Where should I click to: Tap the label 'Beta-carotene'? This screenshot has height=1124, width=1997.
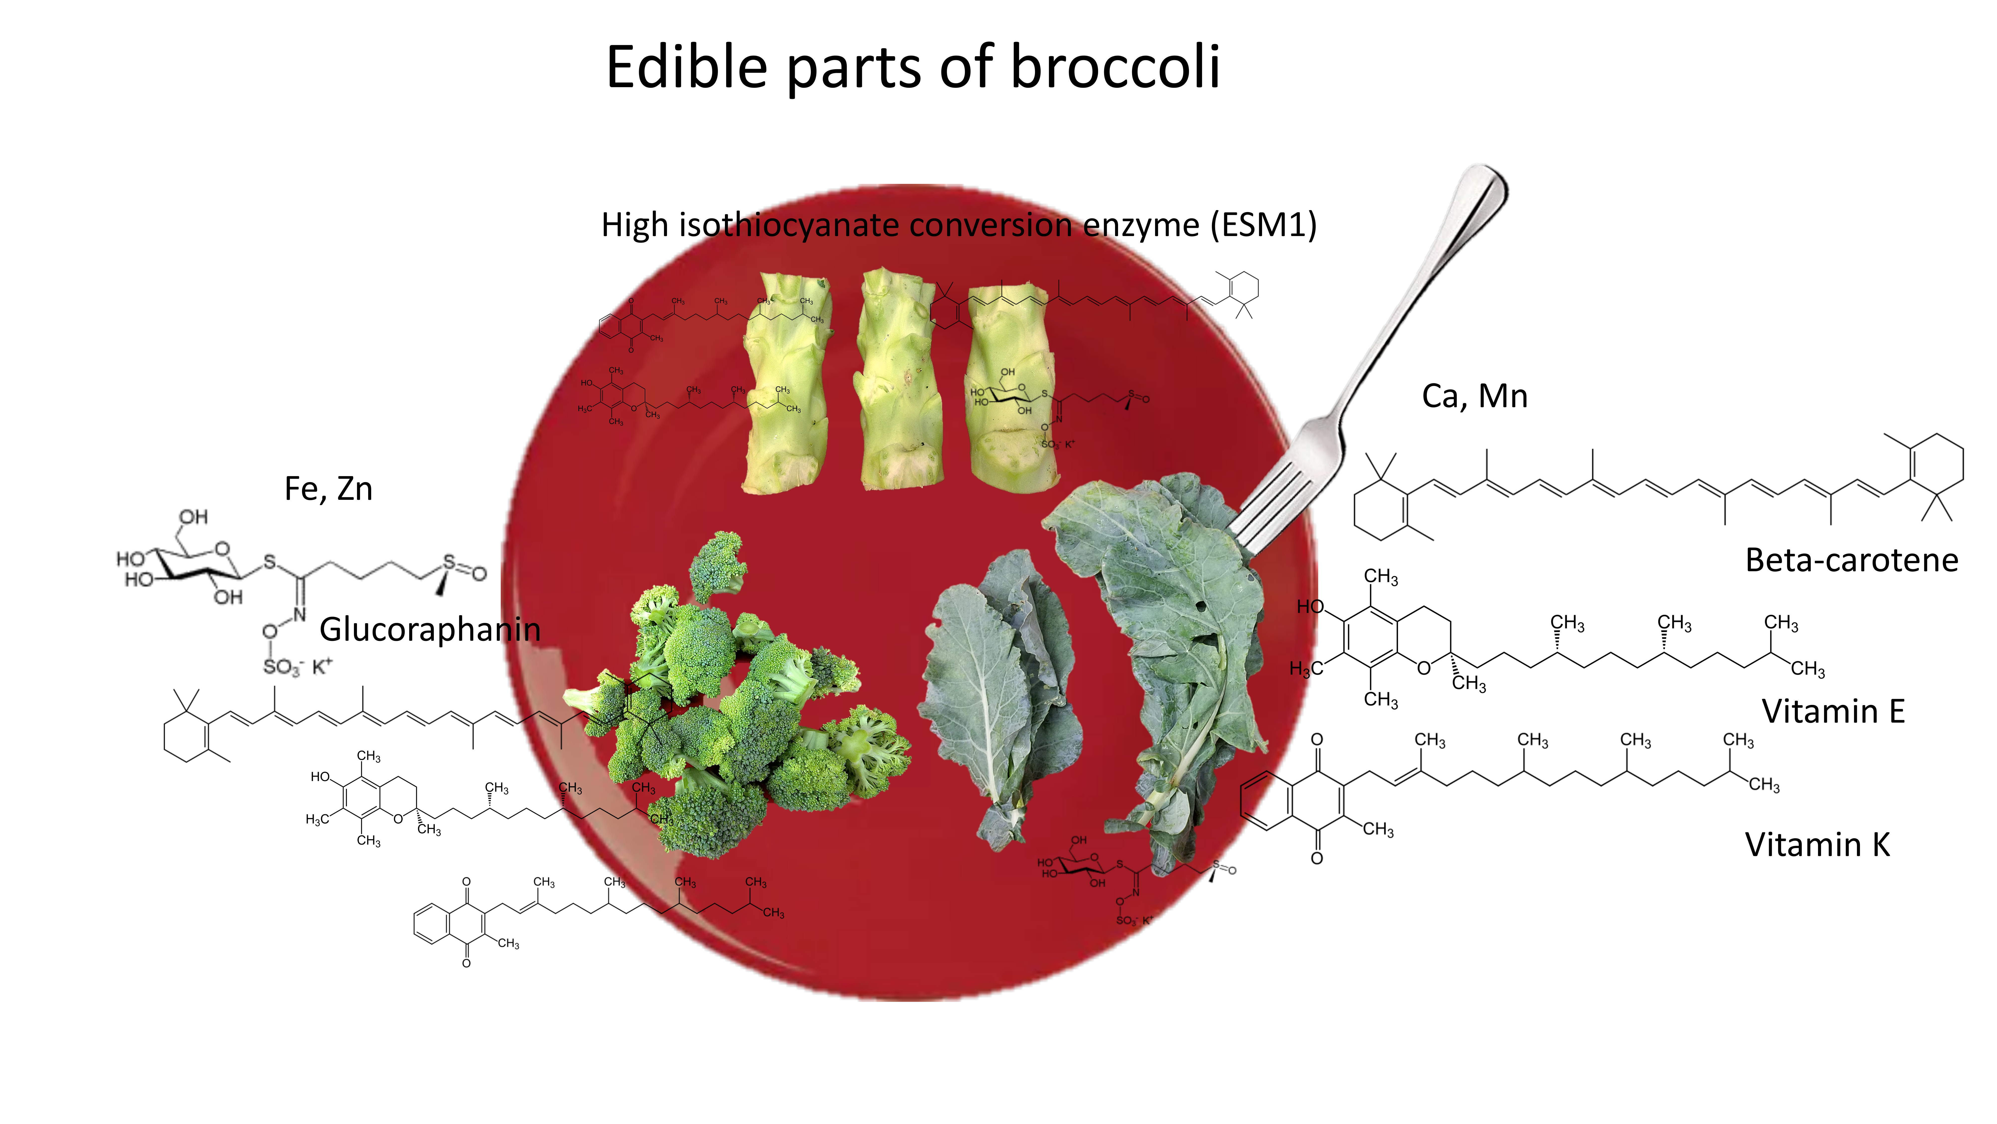coord(1851,560)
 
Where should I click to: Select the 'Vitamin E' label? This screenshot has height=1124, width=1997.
coord(1833,711)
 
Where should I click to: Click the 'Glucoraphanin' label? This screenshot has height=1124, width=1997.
coord(429,629)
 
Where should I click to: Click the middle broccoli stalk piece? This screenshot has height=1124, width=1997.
coord(899,380)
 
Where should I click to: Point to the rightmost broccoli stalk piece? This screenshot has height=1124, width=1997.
coord(1012,388)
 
